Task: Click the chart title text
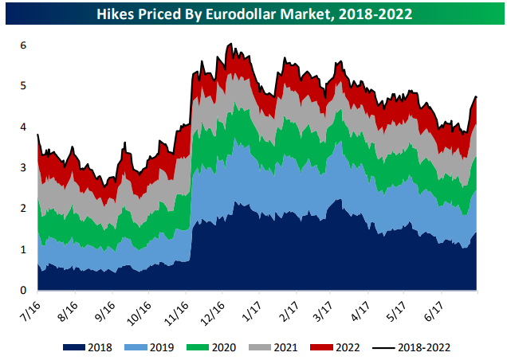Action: [253, 14]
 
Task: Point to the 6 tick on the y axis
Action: [24, 45]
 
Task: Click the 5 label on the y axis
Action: [24, 86]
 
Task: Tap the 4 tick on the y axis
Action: [24, 127]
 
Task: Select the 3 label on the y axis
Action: [24, 168]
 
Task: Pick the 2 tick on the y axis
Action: [24, 209]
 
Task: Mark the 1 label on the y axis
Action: [24, 249]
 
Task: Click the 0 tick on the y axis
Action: [24, 290]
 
